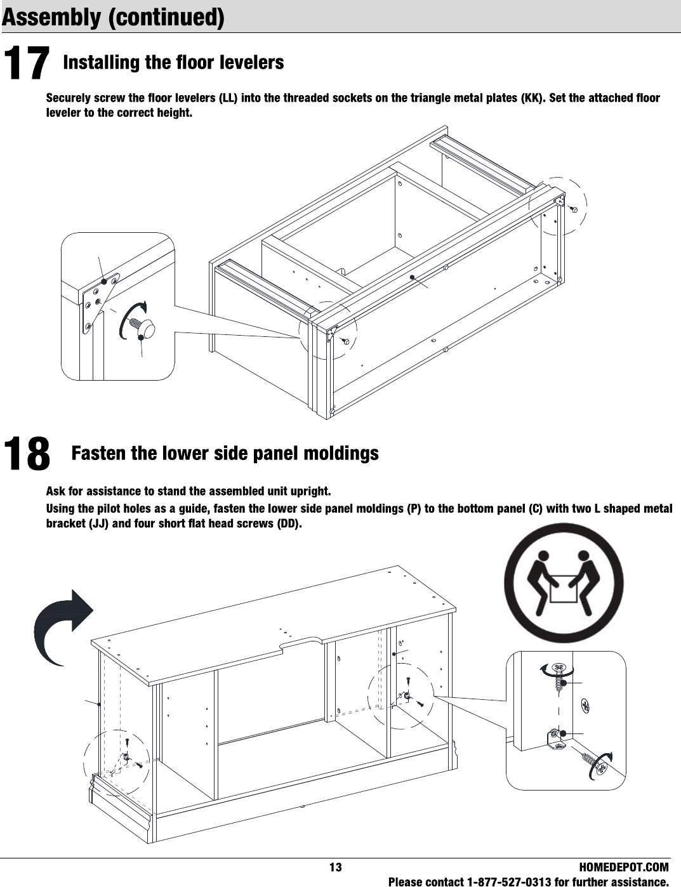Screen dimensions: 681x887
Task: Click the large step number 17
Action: pyautogui.click(x=27, y=63)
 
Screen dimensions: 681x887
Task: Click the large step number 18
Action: pyautogui.click(x=27, y=454)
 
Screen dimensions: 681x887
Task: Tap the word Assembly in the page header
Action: pyautogui.click(x=51, y=17)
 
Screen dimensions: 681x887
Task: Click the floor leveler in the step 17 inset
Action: pyautogui.click(x=143, y=328)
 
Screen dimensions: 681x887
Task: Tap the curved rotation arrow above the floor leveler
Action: pyautogui.click(x=131, y=319)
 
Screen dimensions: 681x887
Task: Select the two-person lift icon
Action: pyautogui.click(x=564, y=583)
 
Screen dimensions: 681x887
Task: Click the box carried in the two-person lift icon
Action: pyautogui.click(x=564, y=588)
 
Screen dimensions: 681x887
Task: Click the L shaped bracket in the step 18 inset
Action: pyautogui.click(x=555, y=739)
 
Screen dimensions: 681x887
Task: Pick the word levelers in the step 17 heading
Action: pyautogui.click(x=251, y=62)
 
